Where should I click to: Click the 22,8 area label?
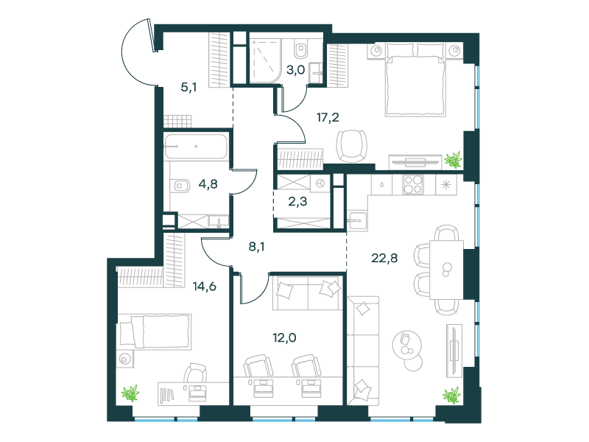384,259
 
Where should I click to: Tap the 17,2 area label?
328,118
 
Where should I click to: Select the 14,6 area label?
205,287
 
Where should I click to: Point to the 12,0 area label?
284,338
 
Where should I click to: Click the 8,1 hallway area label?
256,247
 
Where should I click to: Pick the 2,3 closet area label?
297,202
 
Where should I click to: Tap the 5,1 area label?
188,88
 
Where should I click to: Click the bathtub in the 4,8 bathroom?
196,147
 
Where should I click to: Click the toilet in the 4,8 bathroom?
180,186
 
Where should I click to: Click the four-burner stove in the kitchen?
413,185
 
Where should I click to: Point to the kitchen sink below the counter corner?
357,220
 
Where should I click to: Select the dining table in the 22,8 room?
446,270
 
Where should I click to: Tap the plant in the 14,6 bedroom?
130,393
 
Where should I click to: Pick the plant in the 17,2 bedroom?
453,160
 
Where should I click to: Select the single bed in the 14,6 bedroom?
155,331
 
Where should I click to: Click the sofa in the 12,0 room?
307,292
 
